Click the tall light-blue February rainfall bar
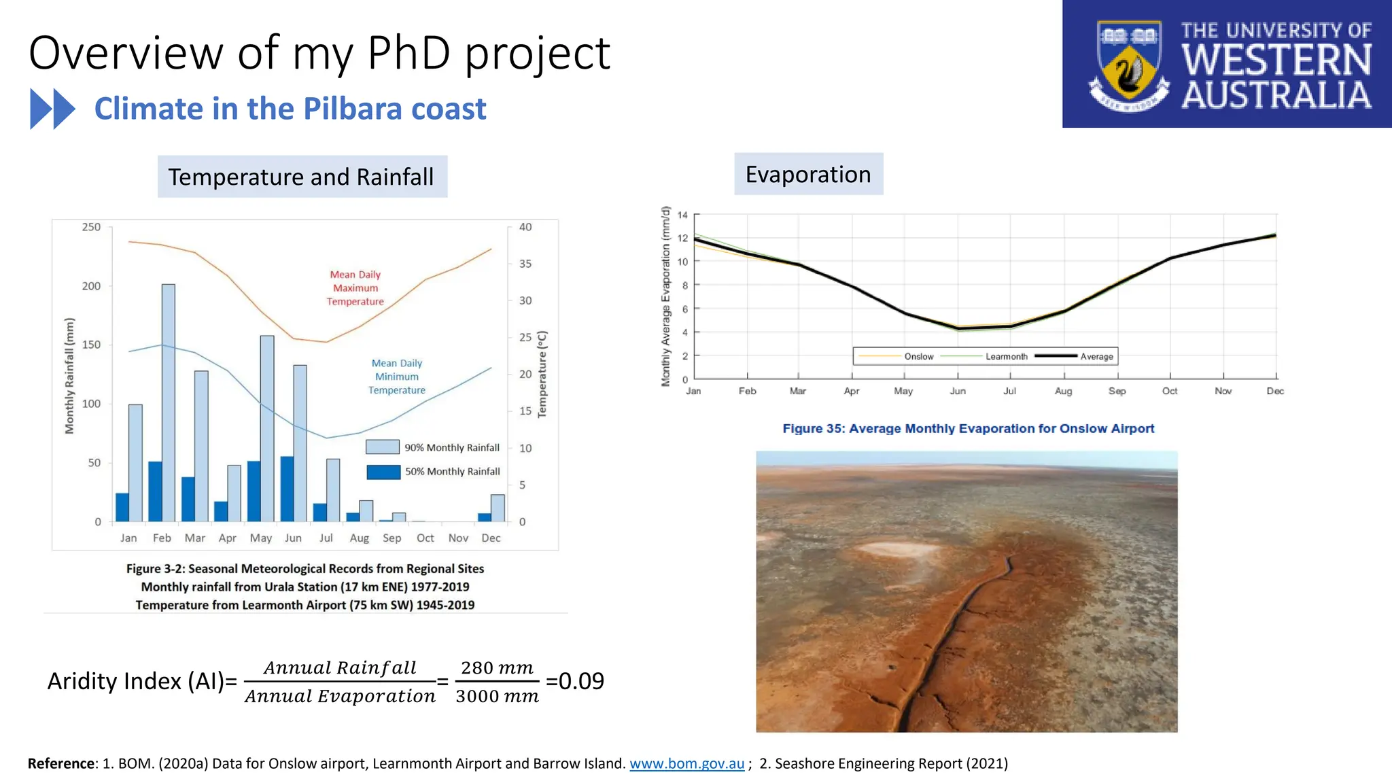[x=168, y=401]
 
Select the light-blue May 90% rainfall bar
[x=267, y=428]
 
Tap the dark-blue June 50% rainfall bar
[x=287, y=489]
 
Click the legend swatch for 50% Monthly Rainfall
[x=383, y=472]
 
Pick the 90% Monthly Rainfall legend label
[x=452, y=448]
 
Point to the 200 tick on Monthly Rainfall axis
[x=92, y=286]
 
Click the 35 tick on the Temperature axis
[x=525, y=264]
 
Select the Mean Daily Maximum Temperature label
[x=355, y=288]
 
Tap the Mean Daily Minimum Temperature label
[x=397, y=377]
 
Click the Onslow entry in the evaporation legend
[x=918, y=356]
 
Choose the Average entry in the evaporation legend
[x=1096, y=356]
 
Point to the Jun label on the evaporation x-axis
[x=957, y=391]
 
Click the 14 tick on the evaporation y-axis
[x=682, y=215]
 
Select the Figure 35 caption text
[x=968, y=429]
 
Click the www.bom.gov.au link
[x=686, y=764]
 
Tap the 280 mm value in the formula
[x=497, y=668]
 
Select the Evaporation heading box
[x=808, y=175]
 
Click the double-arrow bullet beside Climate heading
[x=52, y=109]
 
